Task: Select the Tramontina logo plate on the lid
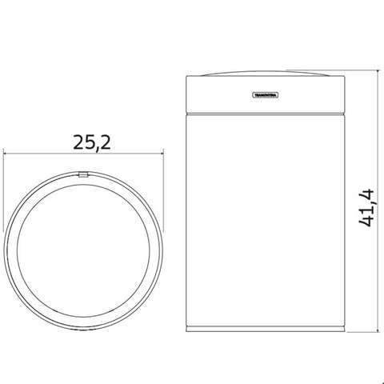tap(266, 93)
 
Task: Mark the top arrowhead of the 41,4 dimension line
tap(378, 74)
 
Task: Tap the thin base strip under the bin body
tap(266, 329)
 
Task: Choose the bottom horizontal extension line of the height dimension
tap(360, 331)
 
